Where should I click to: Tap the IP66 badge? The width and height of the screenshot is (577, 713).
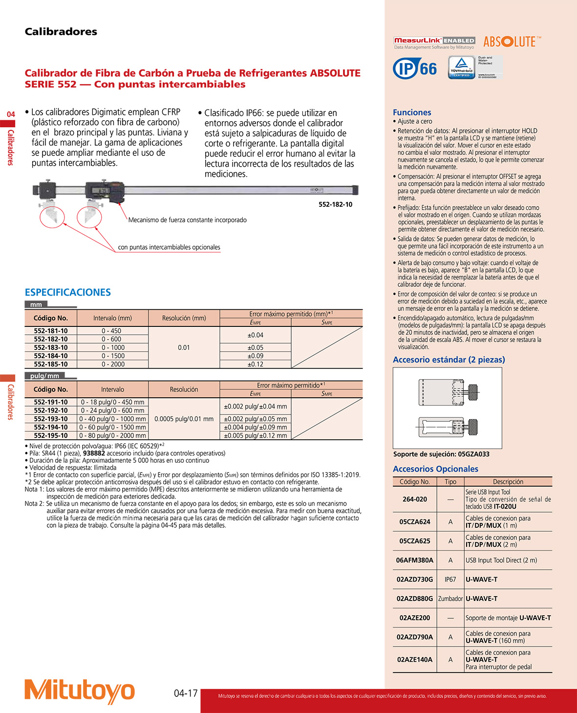(x=415, y=68)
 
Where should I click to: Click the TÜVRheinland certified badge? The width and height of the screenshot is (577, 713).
(x=462, y=67)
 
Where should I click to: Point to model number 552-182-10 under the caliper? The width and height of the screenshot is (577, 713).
(x=335, y=204)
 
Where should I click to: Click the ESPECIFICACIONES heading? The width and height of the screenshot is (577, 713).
(x=68, y=292)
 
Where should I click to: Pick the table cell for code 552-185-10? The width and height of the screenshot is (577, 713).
(x=51, y=364)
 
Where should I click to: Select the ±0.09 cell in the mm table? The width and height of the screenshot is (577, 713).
(x=255, y=356)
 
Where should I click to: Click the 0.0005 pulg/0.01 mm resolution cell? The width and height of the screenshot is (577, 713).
(x=184, y=419)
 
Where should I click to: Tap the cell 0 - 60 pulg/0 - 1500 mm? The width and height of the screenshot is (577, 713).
(x=113, y=427)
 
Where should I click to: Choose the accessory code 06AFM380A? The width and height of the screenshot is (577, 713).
(x=414, y=560)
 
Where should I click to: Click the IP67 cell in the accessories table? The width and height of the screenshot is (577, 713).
(x=450, y=579)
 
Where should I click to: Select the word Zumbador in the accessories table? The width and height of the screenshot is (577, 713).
(x=450, y=599)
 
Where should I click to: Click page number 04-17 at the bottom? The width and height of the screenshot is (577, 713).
(x=186, y=693)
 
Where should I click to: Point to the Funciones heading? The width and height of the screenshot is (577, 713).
(x=412, y=112)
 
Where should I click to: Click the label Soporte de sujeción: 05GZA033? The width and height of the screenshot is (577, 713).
(x=441, y=454)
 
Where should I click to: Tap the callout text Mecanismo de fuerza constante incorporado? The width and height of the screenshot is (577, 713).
(x=187, y=220)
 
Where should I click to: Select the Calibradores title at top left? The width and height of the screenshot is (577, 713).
(x=61, y=32)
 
